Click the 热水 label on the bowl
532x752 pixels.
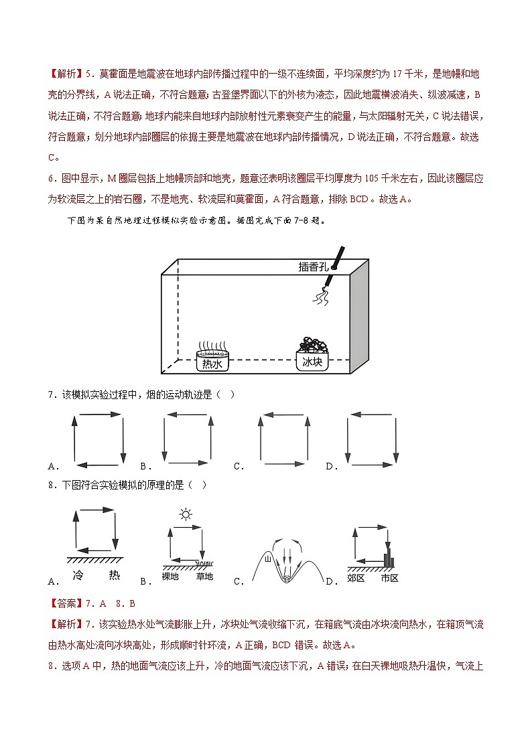click(x=212, y=364)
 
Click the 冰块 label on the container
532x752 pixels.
click(x=312, y=362)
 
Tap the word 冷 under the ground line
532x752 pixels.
click(x=79, y=575)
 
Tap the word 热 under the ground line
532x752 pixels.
click(x=114, y=575)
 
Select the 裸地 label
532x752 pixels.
click(x=171, y=576)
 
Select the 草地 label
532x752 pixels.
click(x=204, y=576)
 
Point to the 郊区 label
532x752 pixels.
click(x=356, y=577)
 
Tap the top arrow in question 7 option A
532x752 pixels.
click(x=98, y=416)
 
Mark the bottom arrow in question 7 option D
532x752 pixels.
click(x=373, y=463)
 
